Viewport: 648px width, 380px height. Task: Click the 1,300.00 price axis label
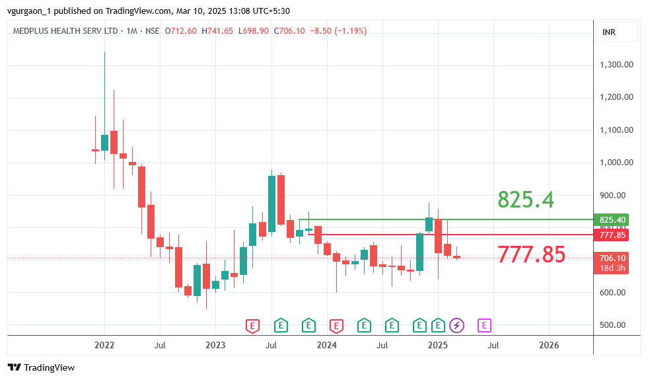pos(617,65)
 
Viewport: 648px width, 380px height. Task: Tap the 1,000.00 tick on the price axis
pos(617,163)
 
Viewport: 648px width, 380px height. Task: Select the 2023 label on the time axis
pos(215,345)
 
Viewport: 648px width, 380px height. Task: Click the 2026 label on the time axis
pos(548,345)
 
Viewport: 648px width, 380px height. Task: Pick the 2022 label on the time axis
pos(104,345)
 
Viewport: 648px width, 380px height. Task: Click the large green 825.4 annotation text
pos(525,199)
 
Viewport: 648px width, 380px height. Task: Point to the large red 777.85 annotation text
pos(531,254)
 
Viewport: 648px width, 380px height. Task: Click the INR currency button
pos(609,32)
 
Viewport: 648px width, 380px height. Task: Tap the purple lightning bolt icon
pos(457,325)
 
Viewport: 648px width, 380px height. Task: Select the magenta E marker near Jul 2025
pos(485,325)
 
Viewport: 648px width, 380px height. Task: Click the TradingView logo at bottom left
pos(42,367)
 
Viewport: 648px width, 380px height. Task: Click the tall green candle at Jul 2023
pos(271,204)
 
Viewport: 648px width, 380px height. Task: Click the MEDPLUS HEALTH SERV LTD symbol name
pos(65,31)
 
